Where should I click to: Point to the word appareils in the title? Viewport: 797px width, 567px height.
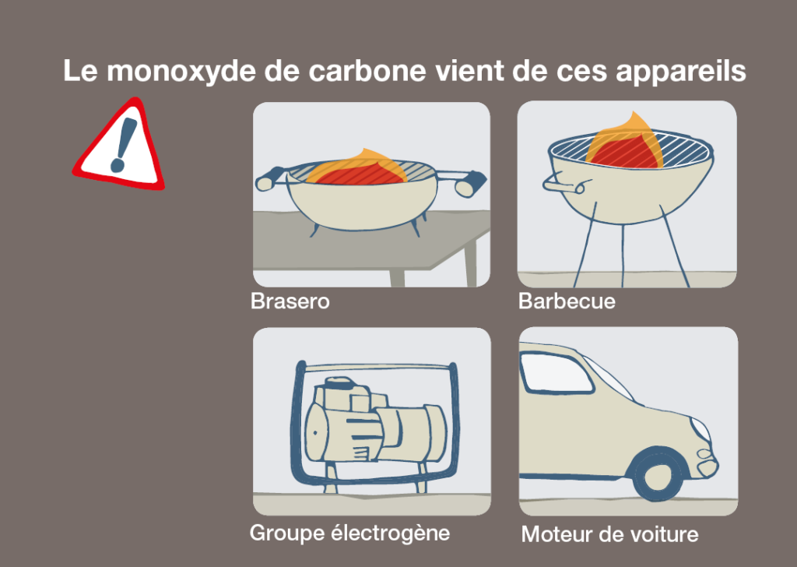coord(680,72)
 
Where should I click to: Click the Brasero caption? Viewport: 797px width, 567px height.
coord(290,301)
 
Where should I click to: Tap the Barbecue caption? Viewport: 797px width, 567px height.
coord(567,301)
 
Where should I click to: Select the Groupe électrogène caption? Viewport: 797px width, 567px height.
coord(349,534)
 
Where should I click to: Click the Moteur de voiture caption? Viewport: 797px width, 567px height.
coord(610,534)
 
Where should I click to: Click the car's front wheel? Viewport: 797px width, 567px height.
coord(656,475)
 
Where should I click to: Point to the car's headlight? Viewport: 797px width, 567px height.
coord(700,429)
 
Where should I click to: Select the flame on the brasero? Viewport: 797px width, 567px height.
coord(358,168)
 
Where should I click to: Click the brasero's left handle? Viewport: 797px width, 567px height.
coord(270,178)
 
